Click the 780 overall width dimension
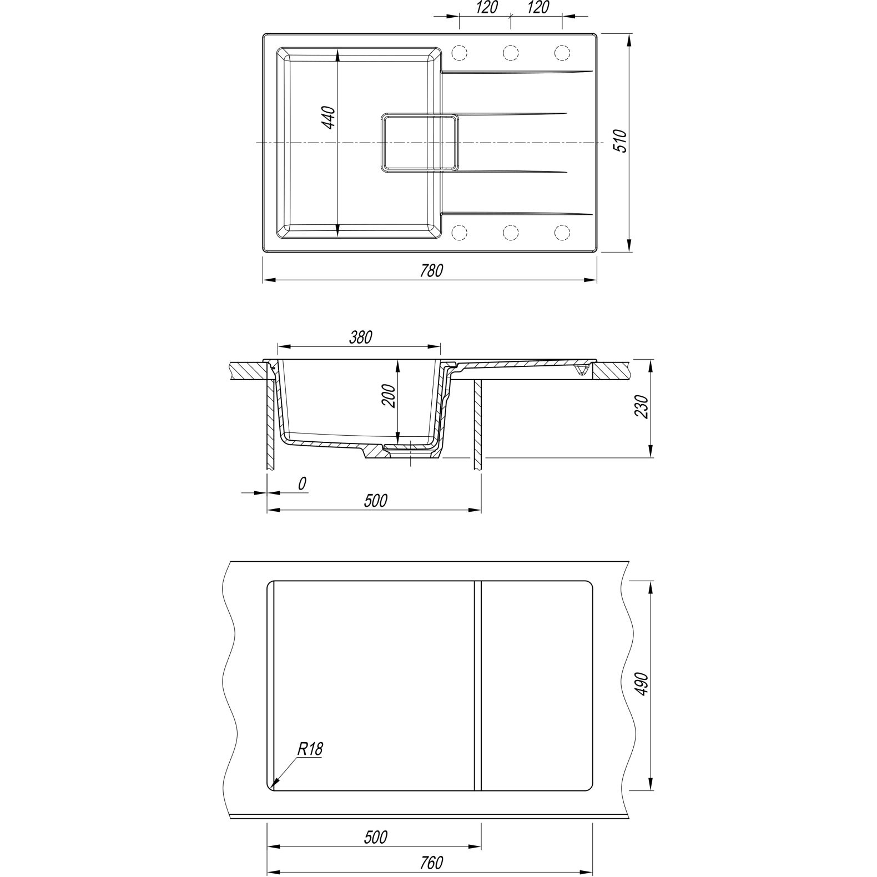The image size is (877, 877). [x=431, y=271]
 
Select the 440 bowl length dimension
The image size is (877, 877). [x=329, y=118]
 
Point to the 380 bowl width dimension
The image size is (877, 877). [x=361, y=337]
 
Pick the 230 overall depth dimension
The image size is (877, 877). [x=643, y=407]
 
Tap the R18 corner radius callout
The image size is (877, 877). [x=310, y=749]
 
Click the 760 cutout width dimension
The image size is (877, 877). [x=431, y=863]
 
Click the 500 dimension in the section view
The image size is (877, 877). [x=375, y=501]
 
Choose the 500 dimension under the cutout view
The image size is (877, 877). [x=375, y=836]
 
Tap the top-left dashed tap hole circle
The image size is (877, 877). [x=460, y=53]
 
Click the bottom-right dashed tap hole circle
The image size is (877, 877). [x=562, y=233]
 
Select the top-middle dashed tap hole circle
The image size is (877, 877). [x=511, y=53]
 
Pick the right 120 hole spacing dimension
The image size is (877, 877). [x=536, y=7]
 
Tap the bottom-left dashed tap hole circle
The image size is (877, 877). [x=460, y=233]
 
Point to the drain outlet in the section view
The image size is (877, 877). [x=410, y=451]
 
